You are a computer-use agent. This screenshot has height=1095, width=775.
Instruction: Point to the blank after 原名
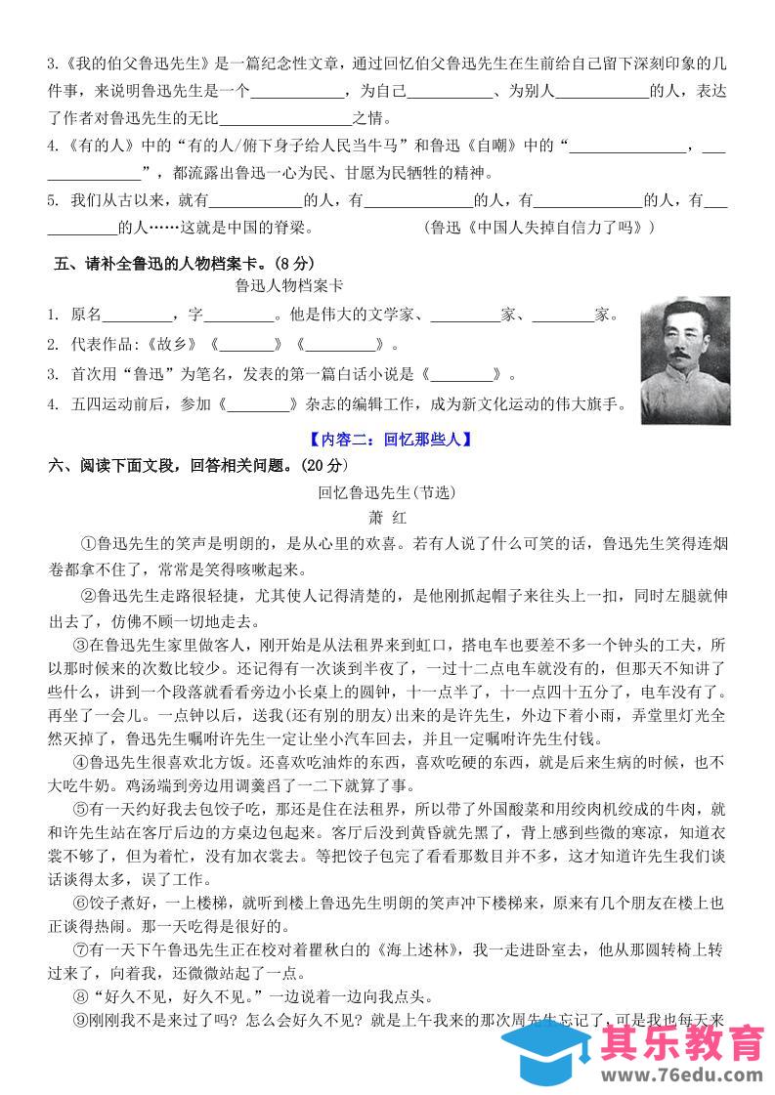click(x=137, y=315)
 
